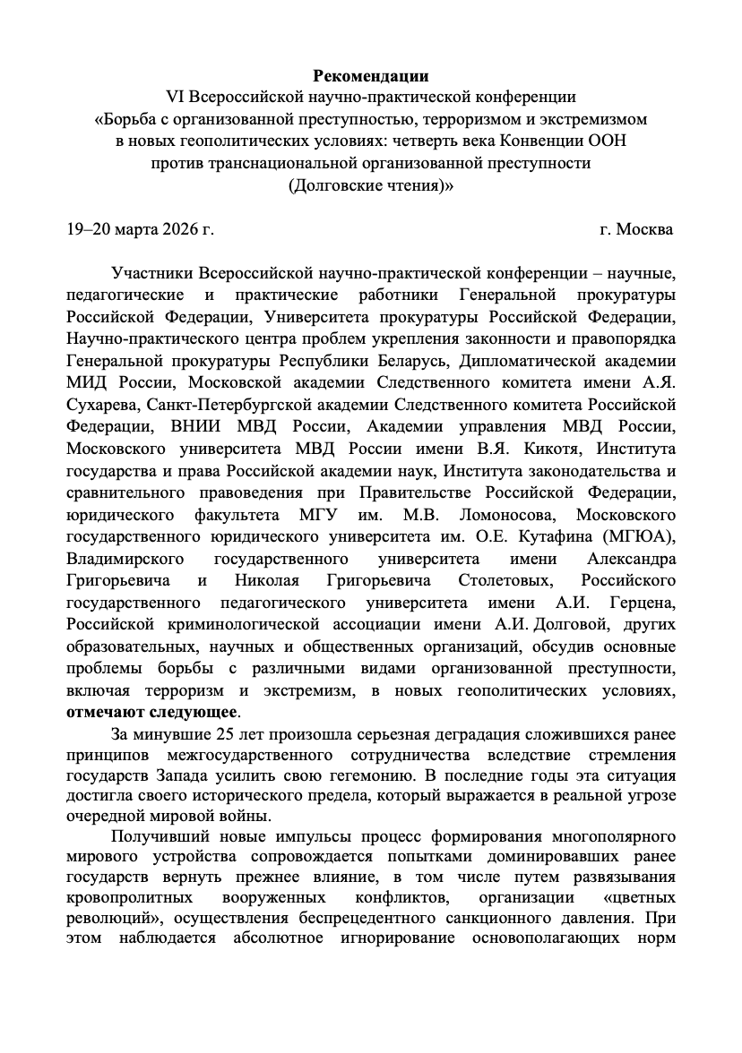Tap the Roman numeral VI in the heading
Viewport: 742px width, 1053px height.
tap(176, 96)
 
